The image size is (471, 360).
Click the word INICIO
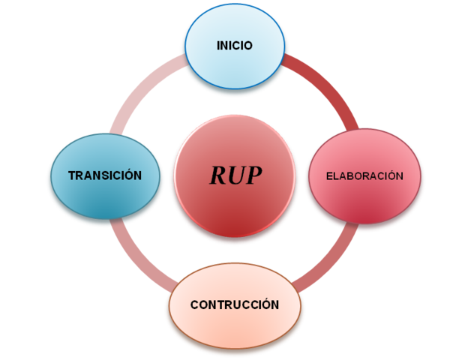click(235, 46)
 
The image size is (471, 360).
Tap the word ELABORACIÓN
click(364, 176)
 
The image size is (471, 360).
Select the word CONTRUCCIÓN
click(235, 305)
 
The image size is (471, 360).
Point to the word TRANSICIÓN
click(105, 175)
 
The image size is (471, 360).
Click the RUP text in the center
click(235, 175)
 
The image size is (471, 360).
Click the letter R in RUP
click(217, 175)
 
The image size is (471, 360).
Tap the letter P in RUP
click(254, 175)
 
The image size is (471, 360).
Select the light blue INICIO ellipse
click(235, 64)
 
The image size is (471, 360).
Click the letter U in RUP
click(235, 175)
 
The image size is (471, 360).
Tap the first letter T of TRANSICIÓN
click(72, 175)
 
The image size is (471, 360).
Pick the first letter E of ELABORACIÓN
click(328, 176)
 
